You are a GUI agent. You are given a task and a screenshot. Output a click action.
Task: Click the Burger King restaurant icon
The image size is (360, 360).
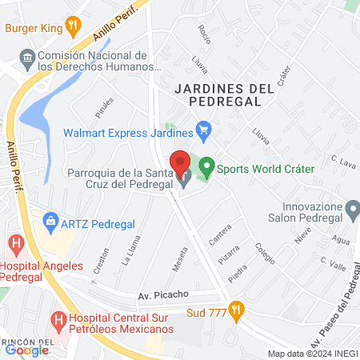[73, 27]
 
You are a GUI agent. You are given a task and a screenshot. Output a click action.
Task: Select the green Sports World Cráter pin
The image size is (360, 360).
[207, 168]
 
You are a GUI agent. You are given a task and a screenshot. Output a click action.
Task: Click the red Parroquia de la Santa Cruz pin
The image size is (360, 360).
[185, 162]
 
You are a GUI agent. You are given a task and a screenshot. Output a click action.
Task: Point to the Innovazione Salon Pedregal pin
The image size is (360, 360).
[353, 212]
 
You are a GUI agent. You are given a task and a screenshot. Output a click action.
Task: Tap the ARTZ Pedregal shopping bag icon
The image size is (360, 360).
[50, 219]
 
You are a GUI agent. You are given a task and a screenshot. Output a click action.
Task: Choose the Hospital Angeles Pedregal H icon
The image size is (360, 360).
[14, 242]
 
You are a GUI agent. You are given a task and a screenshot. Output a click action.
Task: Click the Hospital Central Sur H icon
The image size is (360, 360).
[58, 319]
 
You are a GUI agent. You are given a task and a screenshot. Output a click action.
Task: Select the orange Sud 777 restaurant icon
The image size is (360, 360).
[235, 309]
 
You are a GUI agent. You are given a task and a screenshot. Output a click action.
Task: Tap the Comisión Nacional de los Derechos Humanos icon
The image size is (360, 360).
[27, 58]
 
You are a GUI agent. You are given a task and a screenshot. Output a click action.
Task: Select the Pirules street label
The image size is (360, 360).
[105, 107]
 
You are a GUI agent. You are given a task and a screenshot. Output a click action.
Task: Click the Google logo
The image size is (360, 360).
[26, 350]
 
